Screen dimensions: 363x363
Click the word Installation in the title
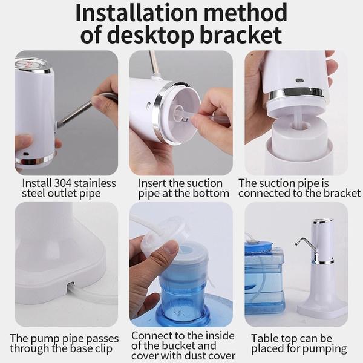point(139,13)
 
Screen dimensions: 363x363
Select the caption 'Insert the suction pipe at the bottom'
point(183,188)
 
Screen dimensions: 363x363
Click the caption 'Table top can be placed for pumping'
point(299,343)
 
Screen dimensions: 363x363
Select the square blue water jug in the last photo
point(264,275)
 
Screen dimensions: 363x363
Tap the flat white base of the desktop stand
point(322,309)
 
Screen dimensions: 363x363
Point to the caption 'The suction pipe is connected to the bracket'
point(299,188)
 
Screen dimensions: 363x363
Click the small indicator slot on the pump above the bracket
point(299,80)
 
